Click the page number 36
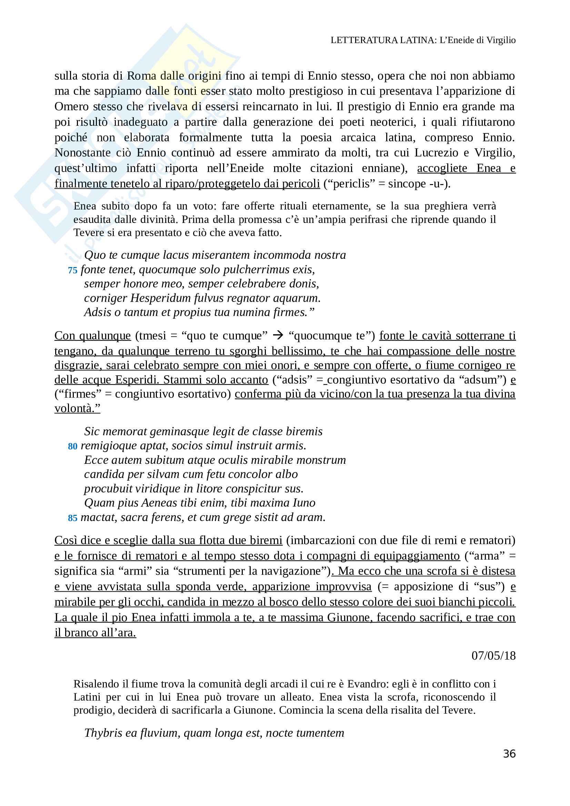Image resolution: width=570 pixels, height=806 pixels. tap(509, 753)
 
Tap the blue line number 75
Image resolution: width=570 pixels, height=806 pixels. tap(72, 270)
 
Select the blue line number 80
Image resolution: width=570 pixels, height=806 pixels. tap(72, 447)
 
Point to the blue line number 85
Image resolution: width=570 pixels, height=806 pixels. tap(72, 518)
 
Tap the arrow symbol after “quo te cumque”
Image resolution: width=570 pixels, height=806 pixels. tap(278, 336)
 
